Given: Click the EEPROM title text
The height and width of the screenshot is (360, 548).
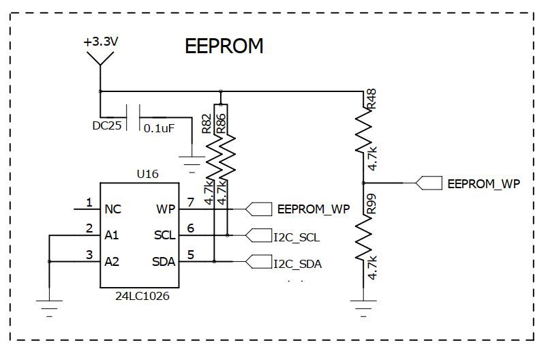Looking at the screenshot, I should pos(224,46).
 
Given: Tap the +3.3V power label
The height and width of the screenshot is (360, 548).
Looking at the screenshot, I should pos(101,42).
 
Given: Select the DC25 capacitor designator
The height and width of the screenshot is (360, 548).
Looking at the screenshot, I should pos(106,125).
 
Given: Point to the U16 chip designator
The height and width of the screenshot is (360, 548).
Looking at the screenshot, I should pos(147,174).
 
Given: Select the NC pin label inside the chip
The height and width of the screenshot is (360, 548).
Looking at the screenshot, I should pos(113,209).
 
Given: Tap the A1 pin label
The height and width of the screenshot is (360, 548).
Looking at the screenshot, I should pos(112,235).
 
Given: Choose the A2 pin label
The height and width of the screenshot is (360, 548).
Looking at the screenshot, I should pos(112,262).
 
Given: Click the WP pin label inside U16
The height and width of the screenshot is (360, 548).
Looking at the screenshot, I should pos(166,209).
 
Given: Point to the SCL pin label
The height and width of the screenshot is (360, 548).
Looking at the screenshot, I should pos(164,235).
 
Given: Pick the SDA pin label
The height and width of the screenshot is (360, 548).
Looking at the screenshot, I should pos(164,262).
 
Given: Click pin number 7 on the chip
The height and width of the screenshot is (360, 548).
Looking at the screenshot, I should pos(191,202).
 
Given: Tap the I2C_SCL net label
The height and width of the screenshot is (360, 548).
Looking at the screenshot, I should pos(296,238).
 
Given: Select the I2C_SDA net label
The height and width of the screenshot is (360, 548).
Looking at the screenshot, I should pos(297,264).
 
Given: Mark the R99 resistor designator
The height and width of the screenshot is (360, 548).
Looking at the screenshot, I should pos(371,205).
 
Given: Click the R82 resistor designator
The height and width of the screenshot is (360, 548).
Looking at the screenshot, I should pos(207,123).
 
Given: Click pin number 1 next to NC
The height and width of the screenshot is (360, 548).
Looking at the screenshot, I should pos(89,202).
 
